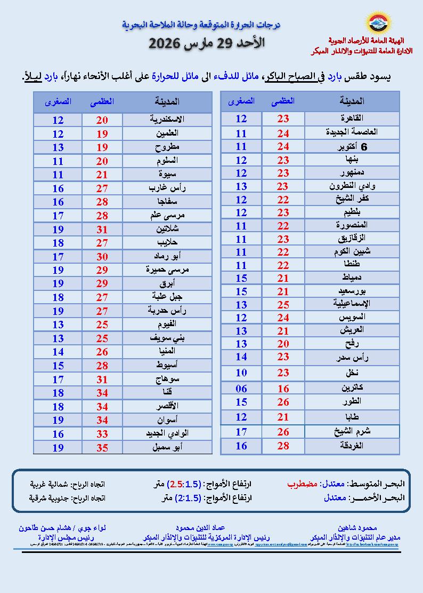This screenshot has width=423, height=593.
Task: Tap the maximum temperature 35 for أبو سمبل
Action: (102, 447)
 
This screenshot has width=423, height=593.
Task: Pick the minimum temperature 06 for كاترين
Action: (241, 389)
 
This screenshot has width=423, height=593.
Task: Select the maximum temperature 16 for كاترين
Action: (283, 389)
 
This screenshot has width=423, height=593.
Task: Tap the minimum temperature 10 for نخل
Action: (241, 373)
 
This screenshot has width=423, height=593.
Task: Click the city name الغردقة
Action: (354, 446)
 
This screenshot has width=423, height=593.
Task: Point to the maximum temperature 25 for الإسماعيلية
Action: (283, 304)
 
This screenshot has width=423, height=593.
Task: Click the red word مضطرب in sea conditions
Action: (303, 484)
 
